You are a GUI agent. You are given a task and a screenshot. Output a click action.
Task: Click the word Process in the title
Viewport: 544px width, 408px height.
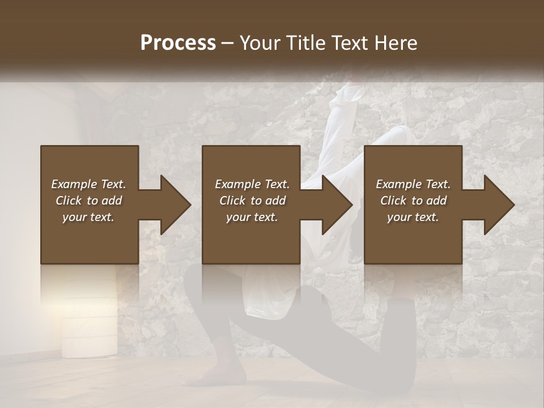(x=178, y=43)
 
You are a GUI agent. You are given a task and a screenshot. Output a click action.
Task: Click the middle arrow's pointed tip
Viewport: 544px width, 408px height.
(x=352, y=205)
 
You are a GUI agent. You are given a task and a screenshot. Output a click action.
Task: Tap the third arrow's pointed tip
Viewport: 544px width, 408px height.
(x=514, y=205)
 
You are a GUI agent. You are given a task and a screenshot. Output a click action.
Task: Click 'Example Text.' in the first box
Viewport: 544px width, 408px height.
(x=88, y=184)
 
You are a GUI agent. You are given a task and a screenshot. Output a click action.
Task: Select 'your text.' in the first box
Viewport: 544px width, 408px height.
(x=88, y=217)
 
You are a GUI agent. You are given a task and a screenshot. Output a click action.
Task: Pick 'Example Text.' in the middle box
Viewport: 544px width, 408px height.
(x=252, y=184)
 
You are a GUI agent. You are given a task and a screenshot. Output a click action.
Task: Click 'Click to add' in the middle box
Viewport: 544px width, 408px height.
(x=252, y=201)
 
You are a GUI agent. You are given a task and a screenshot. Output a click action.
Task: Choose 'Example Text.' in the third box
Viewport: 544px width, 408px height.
(x=413, y=184)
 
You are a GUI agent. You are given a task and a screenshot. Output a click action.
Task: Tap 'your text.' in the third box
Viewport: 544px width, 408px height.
(x=413, y=217)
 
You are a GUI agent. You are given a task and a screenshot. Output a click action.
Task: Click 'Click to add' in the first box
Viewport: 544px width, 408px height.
(x=88, y=201)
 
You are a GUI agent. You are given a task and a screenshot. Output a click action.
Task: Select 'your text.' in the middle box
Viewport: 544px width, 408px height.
(x=252, y=217)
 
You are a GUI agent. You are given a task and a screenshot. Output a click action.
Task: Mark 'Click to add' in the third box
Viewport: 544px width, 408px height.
(x=413, y=201)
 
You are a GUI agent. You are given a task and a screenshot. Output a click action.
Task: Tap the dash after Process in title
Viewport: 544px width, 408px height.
(x=228, y=43)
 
